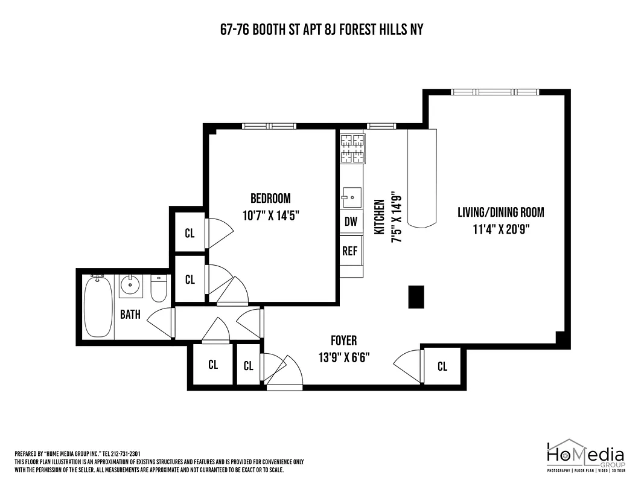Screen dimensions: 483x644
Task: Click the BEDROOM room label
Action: (270, 198)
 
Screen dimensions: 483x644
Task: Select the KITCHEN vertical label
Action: (380, 217)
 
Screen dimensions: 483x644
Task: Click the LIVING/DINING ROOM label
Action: (500, 212)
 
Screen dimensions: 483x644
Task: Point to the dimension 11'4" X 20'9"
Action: (500, 228)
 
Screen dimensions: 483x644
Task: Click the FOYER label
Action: (343, 341)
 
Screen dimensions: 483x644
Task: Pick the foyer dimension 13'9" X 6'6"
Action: (343, 357)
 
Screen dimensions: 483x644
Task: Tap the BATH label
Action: (130, 315)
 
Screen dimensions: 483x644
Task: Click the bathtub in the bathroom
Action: (97, 305)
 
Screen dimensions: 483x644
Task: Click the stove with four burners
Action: (352, 149)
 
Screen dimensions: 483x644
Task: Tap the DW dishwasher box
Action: (351, 222)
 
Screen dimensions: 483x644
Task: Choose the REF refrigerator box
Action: (350, 251)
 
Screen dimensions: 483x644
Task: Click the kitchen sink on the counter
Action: (351, 197)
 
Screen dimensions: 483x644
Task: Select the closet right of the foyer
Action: (442, 366)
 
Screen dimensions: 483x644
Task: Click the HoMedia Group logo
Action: (585, 456)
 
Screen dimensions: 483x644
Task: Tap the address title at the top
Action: (321, 30)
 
